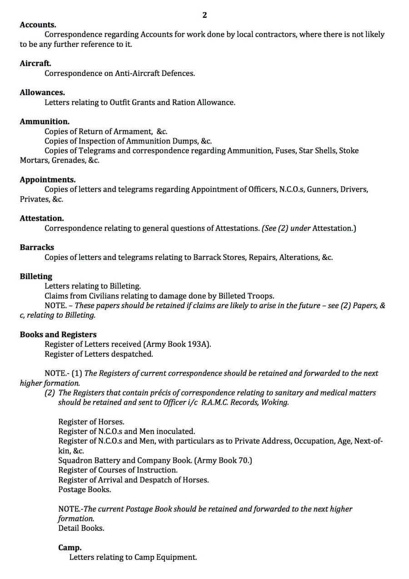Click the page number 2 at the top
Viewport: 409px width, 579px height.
[x=204, y=15]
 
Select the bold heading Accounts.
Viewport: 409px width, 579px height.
[x=38, y=25]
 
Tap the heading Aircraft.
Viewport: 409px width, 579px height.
[x=35, y=63]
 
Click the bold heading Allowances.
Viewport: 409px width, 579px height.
[x=42, y=92]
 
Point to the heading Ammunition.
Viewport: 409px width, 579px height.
[x=45, y=122]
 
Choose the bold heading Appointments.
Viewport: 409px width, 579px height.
[x=48, y=179]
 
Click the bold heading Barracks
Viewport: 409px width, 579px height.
[x=37, y=247]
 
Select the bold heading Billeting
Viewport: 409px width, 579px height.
[x=36, y=276]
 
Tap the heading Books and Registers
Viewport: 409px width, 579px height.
[x=58, y=335]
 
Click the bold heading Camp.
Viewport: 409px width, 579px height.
[x=70, y=548]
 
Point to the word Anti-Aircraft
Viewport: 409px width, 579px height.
[x=138, y=73]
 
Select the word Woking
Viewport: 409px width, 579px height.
[x=274, y=402]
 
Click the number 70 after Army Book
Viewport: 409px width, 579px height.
[x=244, y=460]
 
